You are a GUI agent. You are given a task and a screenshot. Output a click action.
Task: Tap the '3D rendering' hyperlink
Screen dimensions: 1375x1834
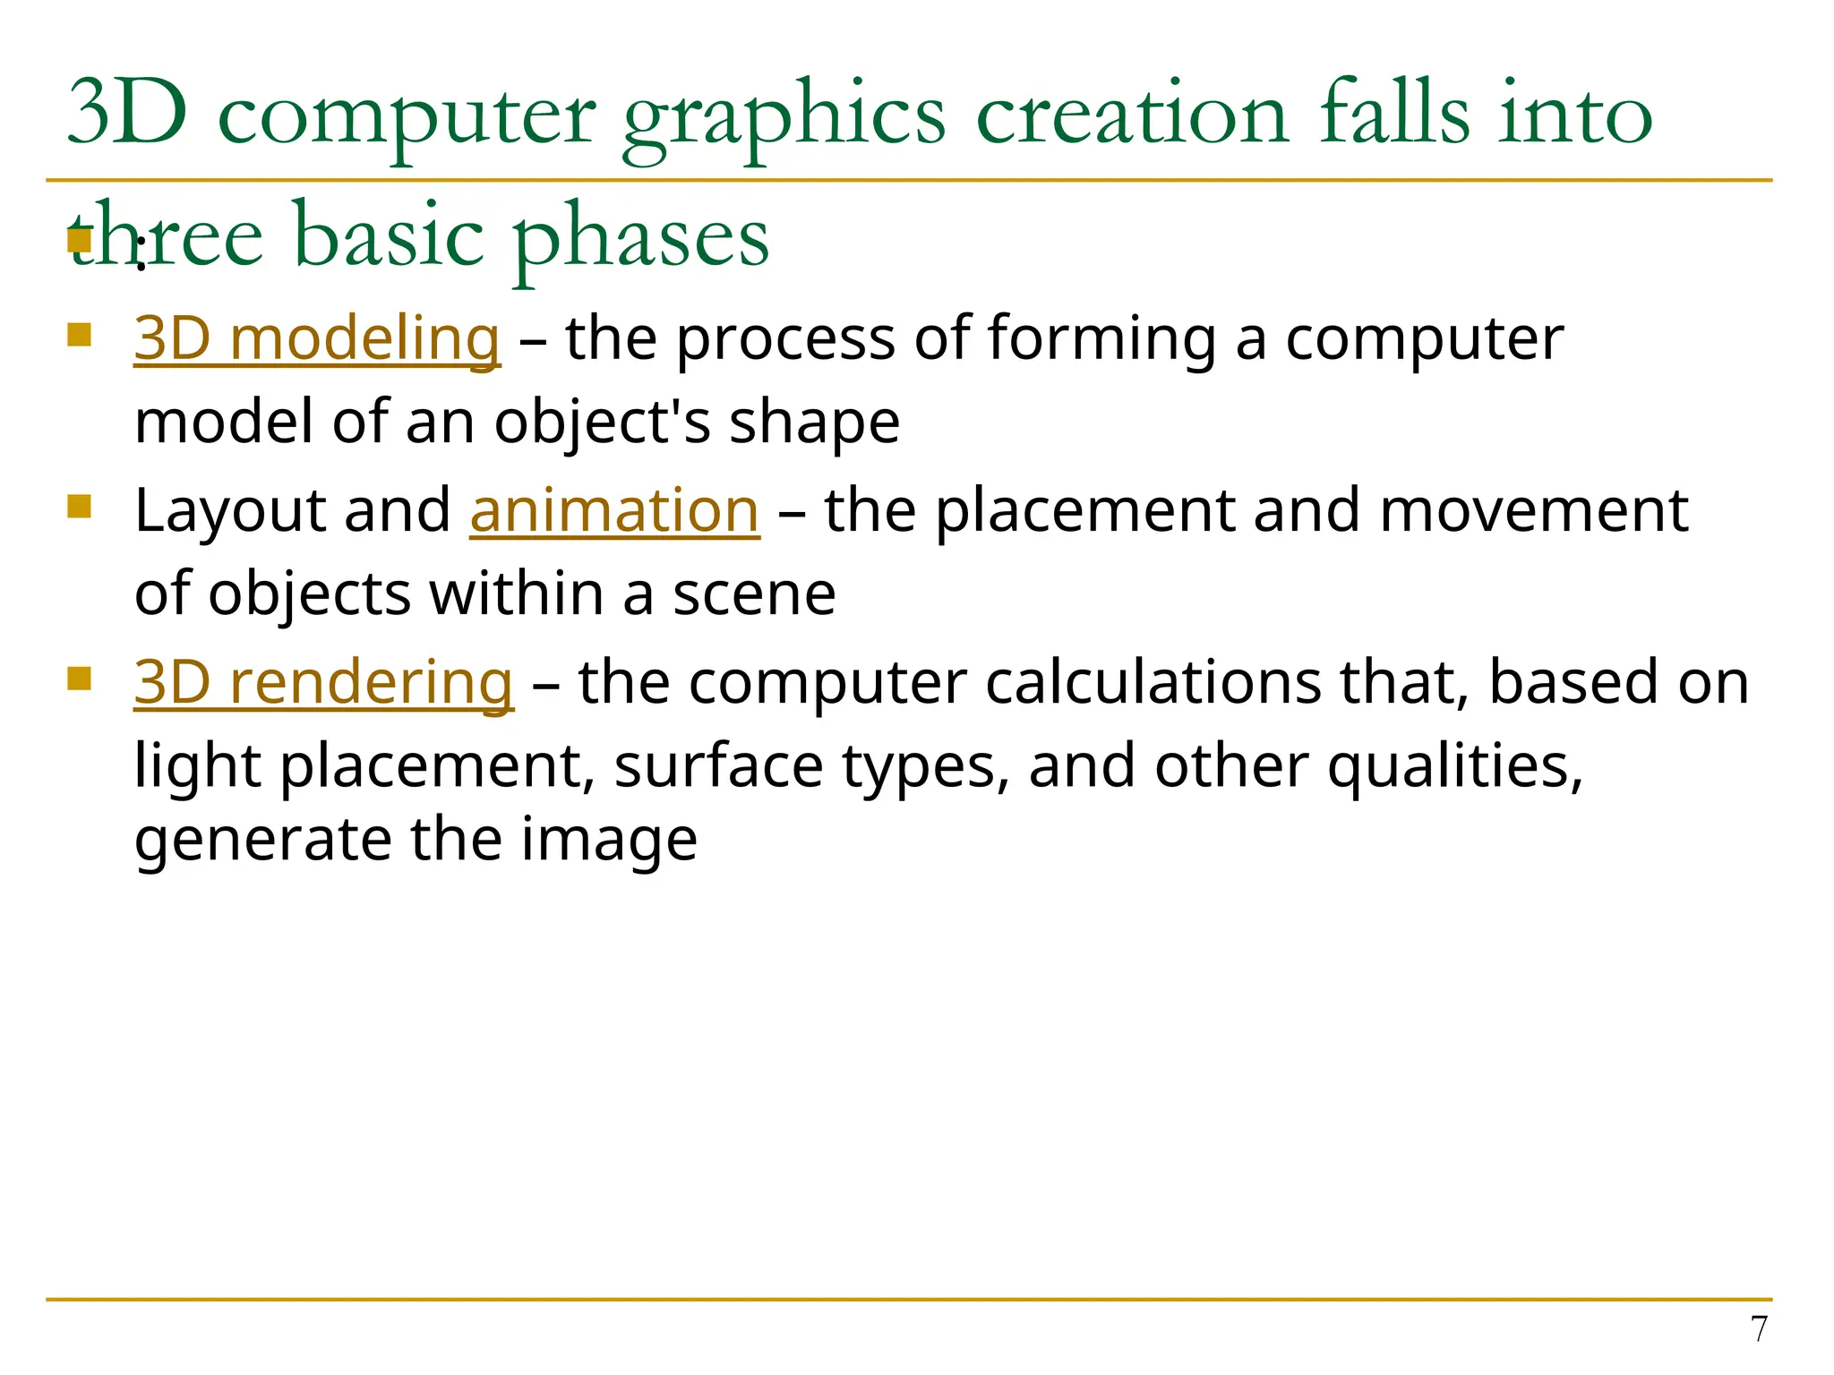pos(323,682)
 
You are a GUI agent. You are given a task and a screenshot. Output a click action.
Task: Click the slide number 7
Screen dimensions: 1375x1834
pos(1759,1329)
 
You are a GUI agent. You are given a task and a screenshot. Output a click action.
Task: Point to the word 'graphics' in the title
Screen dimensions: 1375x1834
pos(784,116)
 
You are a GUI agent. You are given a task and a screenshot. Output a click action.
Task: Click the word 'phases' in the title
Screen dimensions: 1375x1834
pos(640,238)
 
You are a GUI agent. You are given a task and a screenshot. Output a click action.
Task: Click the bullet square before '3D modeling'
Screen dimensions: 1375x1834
pos(80,335)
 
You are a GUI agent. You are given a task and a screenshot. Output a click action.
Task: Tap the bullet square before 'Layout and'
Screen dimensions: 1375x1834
pos(80,507)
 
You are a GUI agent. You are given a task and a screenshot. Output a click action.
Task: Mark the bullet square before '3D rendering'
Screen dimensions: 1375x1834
pos(80,679)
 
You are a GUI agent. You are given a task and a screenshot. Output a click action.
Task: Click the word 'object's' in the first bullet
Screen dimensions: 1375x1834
pos(602,423)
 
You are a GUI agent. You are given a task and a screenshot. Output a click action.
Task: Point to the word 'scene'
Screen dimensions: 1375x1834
pos(754,594)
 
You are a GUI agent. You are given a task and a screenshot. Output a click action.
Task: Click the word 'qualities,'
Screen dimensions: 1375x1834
pos(1455,768)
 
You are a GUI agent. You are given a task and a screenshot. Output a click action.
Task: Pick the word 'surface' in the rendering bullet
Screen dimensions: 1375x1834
pos(718,768)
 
